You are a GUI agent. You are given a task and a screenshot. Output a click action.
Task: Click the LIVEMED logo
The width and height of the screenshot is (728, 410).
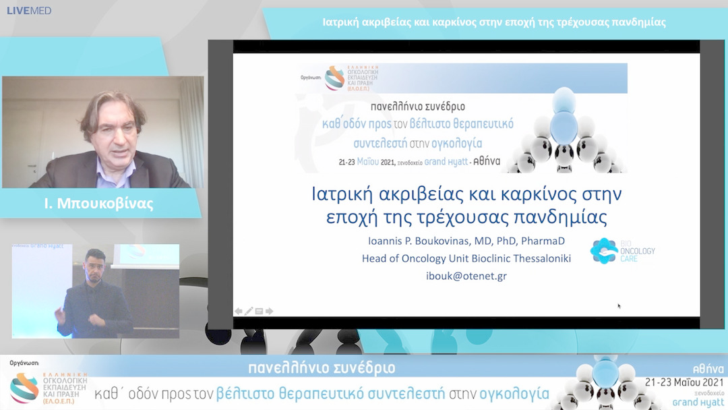coord(29,11)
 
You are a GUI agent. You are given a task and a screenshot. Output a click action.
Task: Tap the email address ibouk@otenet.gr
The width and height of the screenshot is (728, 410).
coord(466,275)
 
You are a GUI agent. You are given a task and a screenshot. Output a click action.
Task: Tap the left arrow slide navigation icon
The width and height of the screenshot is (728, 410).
coord(239,311)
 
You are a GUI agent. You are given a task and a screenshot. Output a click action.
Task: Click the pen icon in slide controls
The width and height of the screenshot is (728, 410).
coord(249,311)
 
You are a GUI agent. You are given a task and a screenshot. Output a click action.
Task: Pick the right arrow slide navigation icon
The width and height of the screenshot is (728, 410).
coord(270,311)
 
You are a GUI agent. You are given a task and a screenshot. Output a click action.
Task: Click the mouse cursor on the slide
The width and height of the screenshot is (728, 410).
coord(619,306)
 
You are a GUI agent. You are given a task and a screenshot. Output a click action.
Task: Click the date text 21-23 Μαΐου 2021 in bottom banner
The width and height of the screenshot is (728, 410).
coord(683,382)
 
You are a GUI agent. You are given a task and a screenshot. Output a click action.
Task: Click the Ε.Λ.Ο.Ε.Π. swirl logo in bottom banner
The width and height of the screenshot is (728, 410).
coord(24,388)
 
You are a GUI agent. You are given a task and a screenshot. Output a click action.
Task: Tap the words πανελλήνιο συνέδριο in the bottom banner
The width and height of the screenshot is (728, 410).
coord(322,368)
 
